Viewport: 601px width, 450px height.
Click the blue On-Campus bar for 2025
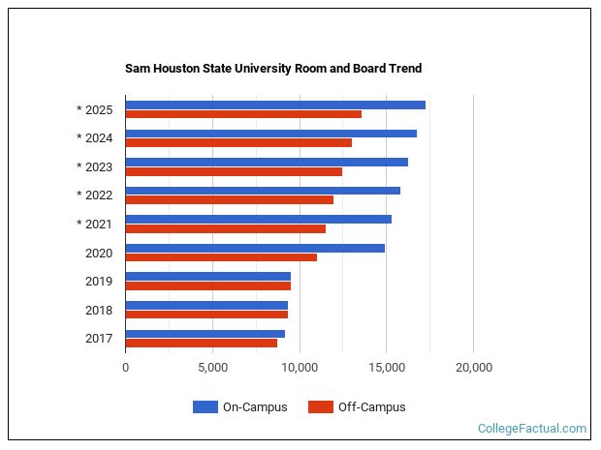coord(275,105)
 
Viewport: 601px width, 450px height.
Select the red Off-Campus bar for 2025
coord(243,114)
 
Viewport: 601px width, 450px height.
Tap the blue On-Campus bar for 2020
coord(255,248)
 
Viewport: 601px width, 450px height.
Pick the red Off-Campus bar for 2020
coord(221,257)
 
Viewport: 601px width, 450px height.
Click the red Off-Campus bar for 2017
coord(201,343)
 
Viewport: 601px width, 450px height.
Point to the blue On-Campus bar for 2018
coord(206,305)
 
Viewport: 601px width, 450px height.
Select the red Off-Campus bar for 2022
coord(229,200)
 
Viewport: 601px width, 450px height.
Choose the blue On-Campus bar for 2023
coord(267,162)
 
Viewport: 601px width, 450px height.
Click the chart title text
coord(273,69)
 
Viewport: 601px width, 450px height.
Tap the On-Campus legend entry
coord(240,407)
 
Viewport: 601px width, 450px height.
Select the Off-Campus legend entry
coord(357,407)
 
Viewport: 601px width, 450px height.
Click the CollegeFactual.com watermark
coord(532,428)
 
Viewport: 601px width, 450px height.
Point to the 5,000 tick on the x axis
coord(212,368)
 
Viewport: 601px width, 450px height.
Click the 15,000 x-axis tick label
coord(386,368)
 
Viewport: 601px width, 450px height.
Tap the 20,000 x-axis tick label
coord(473,368)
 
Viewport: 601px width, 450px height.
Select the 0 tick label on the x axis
coord(125,368)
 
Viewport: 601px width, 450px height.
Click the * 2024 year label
coord(95,137)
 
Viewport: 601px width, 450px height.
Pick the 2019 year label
coord(99,282)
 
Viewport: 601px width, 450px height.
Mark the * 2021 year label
coord(95,225)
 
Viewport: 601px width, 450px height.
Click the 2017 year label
coord(99,339)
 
